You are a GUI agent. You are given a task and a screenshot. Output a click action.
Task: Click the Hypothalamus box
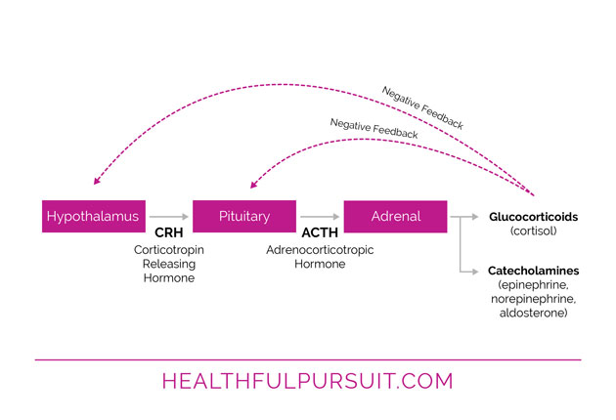click(x=93, y=216)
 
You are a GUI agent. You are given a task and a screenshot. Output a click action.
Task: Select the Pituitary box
click(x=244, y=216)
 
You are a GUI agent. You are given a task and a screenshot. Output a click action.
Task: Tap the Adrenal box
click(x=395, y=216)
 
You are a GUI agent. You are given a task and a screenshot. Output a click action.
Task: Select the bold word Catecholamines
click(x=533, y=271)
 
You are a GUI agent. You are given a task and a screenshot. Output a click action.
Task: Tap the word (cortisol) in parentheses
click(x=534, y=231)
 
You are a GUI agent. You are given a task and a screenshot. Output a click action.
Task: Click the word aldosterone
click(x=534, y=312)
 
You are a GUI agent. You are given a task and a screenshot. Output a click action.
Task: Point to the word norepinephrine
click(x=534, y=298)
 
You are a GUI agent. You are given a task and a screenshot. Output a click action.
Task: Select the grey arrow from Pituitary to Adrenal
click(x=320, y=216)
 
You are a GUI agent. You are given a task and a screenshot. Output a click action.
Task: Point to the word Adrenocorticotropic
click(x=320, y=250)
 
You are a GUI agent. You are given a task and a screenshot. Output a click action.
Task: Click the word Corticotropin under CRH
click(x=168, y=250)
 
